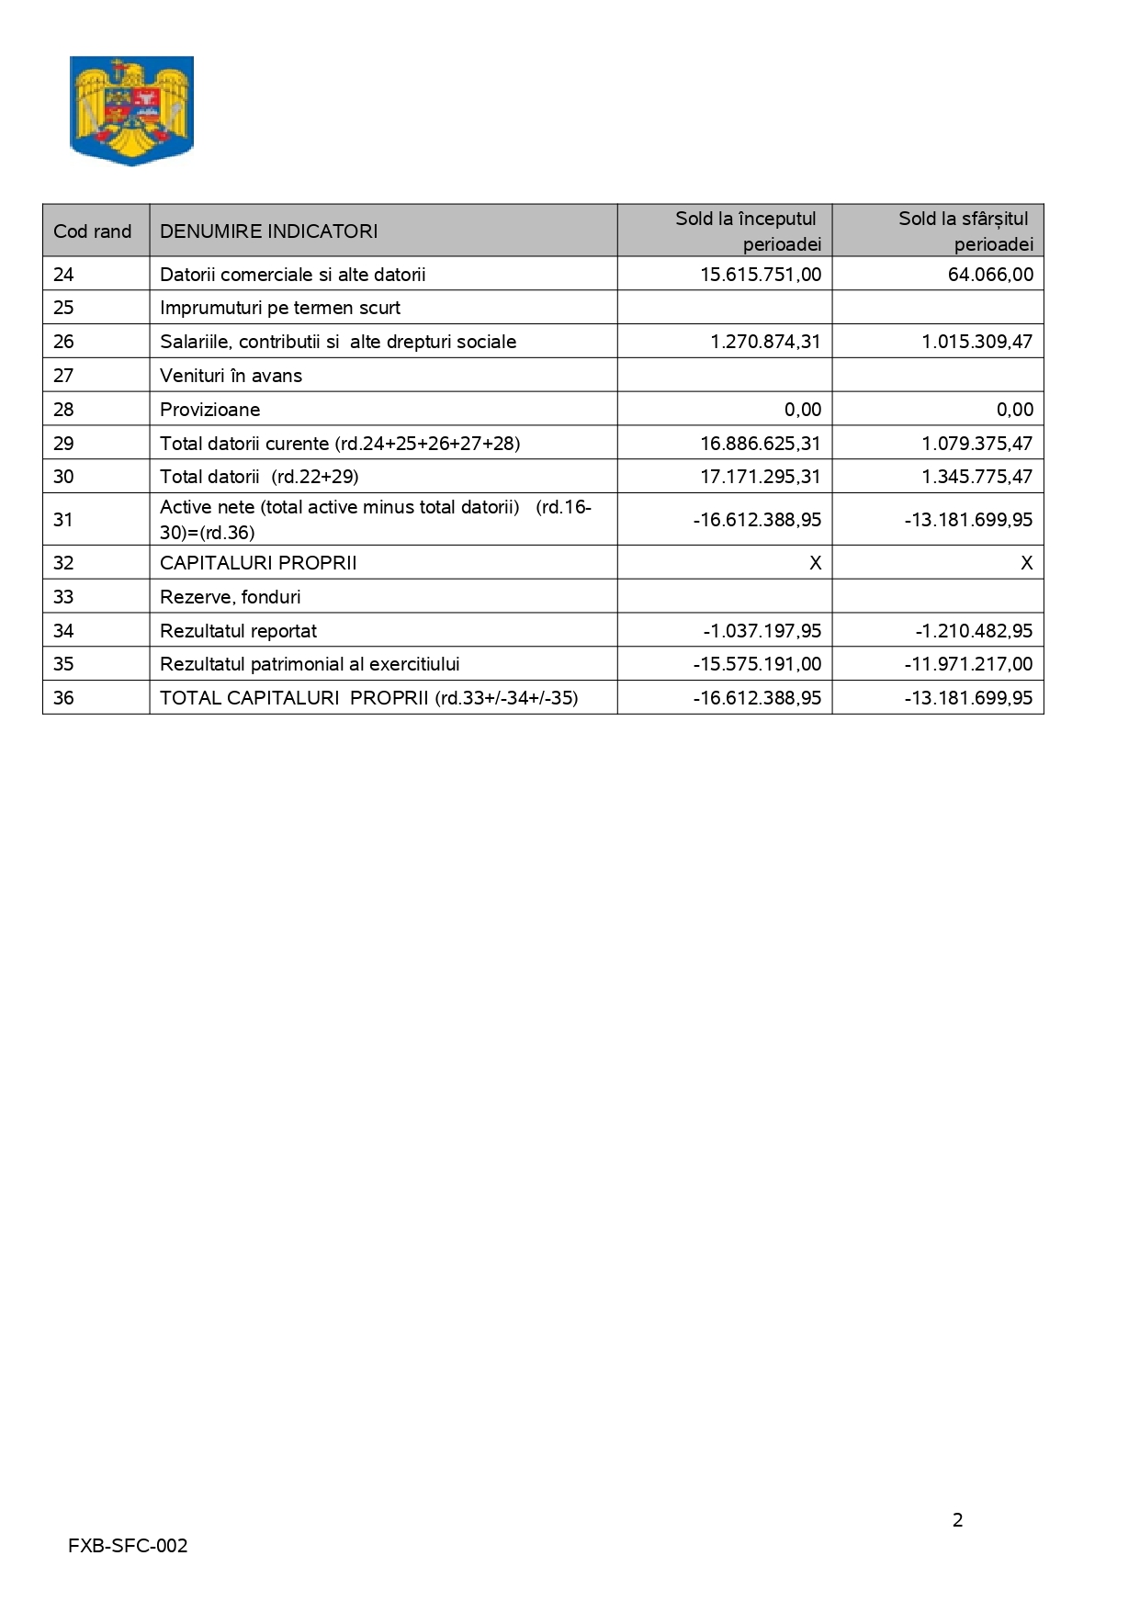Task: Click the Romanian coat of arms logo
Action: [x=131, y=110]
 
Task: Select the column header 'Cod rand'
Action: [x=93, y=231]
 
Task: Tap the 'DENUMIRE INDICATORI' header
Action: [x=268, y=231]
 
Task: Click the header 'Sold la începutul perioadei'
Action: [x=747, y=231]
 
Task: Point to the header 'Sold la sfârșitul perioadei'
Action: [x=965, y=231]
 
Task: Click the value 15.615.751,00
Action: [x=761, y=275]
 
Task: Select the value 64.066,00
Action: [x=990, y=275]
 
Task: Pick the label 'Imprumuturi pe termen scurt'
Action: [x=280, y=308]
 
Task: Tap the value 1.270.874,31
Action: [x=765, y=342]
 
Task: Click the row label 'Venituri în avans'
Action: [x=231, y=376]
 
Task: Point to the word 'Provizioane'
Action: [x=209, y=410]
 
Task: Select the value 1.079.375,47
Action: [x=976, y=444]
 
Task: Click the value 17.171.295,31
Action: [x=761, y=477]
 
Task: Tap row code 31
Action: [x=63, y=520]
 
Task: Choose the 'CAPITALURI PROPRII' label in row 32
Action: [x=258, y=563]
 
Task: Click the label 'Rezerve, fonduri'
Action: [x=230, y=597]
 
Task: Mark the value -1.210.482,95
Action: [x=974, y=631]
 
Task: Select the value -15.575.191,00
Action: [x=757, y=664]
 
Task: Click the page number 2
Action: [x=958, y=1520]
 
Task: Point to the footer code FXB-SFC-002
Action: [x=128, y=1546]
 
